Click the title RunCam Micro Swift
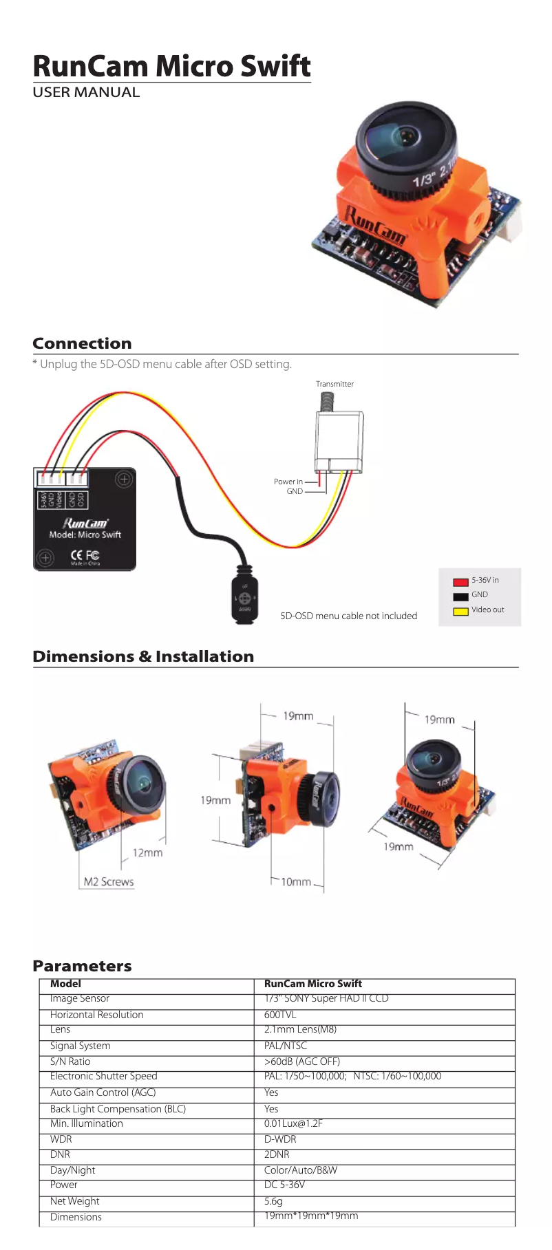pyautogui.click(x=171, y=66)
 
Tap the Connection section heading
pyautogui.click(x=82, y=343)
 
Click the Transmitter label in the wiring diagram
pyautogui.click(x=335, y=384)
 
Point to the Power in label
pyautogui.click(x=288, y=482)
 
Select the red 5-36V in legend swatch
pyautogui.click(x=460, y=581)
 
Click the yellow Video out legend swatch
pyautogui.click(x=460, y=611)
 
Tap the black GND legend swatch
pyautogui.click(x=460, y=596)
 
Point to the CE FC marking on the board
pyautogui.click(x=85, y=555)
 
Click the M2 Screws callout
pyautogui.click(x=108, y=882)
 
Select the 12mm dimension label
pyautogui.click(x=147, y=853)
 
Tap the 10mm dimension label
pyautogui.click(x=295, y=882)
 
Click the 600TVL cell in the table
pyautogui.click(x=280, y=1015)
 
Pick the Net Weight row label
pyautogui.click(x=74, y=1201)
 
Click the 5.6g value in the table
pyautogui.click(x=273, y=1201)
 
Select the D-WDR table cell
pyautogui.click(x=280, y=1139)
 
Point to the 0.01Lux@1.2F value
pyautogui.click(x=293, y=1123)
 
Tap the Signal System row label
pyautogui.click(x=80, y=1046)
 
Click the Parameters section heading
pyautogui.click(x=82, y=966)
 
